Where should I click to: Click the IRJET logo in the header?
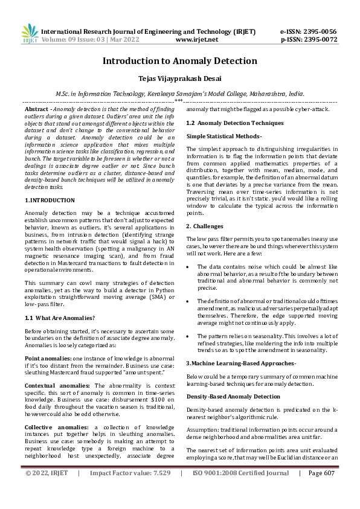tap(29, 34)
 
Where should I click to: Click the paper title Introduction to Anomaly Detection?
tap(179, 61)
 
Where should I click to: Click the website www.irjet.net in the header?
tap(196, 39)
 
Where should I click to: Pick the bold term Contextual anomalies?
tap(57, 385)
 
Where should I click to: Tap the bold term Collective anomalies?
tap(56, 427)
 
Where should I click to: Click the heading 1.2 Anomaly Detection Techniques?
tap(234, 123)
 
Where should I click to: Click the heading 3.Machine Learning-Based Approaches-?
tap(240, 363)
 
